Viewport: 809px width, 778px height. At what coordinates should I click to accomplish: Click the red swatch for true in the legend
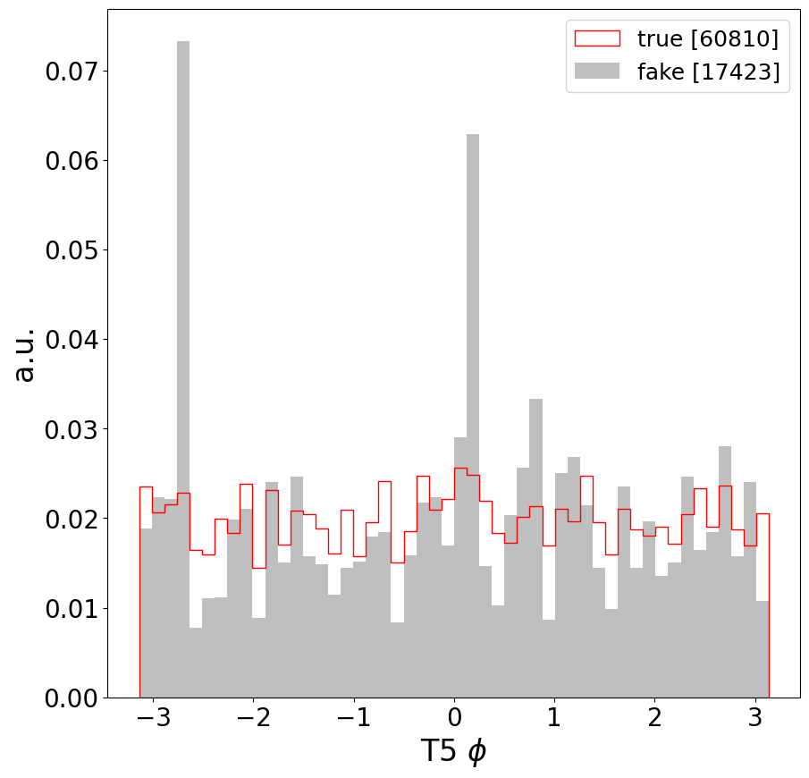(x=596, y=38)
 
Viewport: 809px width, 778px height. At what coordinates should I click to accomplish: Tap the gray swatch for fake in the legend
(x=596, y=72)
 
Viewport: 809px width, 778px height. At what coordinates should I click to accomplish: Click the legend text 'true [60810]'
(x=707, y=38)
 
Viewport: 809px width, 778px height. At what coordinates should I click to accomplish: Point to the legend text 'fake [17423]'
(x=708, y=72)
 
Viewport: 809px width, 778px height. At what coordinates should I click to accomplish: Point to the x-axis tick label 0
(x=454, y=720)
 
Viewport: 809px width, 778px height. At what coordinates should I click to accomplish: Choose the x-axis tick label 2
(x=654, y=720)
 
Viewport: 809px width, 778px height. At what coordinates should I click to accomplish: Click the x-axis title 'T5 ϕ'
(x=453, y=752)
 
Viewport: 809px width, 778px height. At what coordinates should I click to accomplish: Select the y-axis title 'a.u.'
(x=25, y=354)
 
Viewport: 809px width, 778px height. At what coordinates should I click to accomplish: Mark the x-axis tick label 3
(x=755, y=720)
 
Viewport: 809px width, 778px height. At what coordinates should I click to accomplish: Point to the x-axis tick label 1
(x=554, y=720)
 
